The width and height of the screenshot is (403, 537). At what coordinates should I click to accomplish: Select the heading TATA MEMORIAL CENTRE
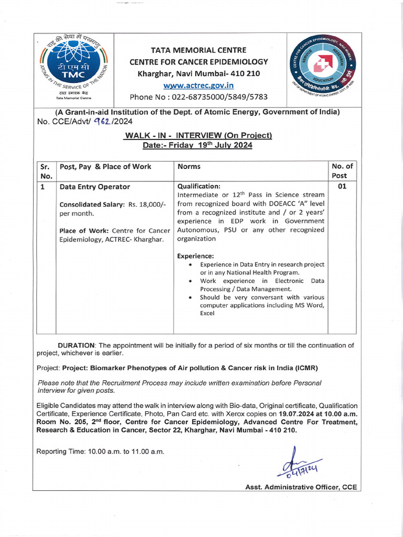pos(198,50)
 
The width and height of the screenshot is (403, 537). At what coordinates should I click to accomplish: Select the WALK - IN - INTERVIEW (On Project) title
pos(198,135)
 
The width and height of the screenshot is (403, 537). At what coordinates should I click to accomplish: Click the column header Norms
pos(189,166)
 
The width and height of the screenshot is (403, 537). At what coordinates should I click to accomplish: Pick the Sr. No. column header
pos(46,171)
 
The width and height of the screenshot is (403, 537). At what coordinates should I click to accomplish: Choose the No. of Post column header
pos(342,171)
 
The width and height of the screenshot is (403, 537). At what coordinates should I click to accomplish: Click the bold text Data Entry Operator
pos(95,187)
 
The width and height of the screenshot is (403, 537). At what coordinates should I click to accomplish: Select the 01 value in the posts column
pos(342,186)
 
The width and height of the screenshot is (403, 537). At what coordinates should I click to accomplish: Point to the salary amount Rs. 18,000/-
pos(147,204)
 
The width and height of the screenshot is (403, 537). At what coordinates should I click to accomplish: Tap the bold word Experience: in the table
pos(195,256)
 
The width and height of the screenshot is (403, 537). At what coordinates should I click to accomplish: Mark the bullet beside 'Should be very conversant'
pos(189,297)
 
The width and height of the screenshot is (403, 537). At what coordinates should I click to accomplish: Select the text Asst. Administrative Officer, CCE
pos(301,487)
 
